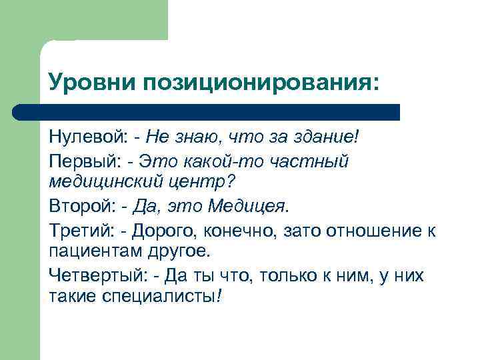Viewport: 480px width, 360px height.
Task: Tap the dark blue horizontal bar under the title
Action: click(207, 111)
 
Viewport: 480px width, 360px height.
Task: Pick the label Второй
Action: click(79, 206)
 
